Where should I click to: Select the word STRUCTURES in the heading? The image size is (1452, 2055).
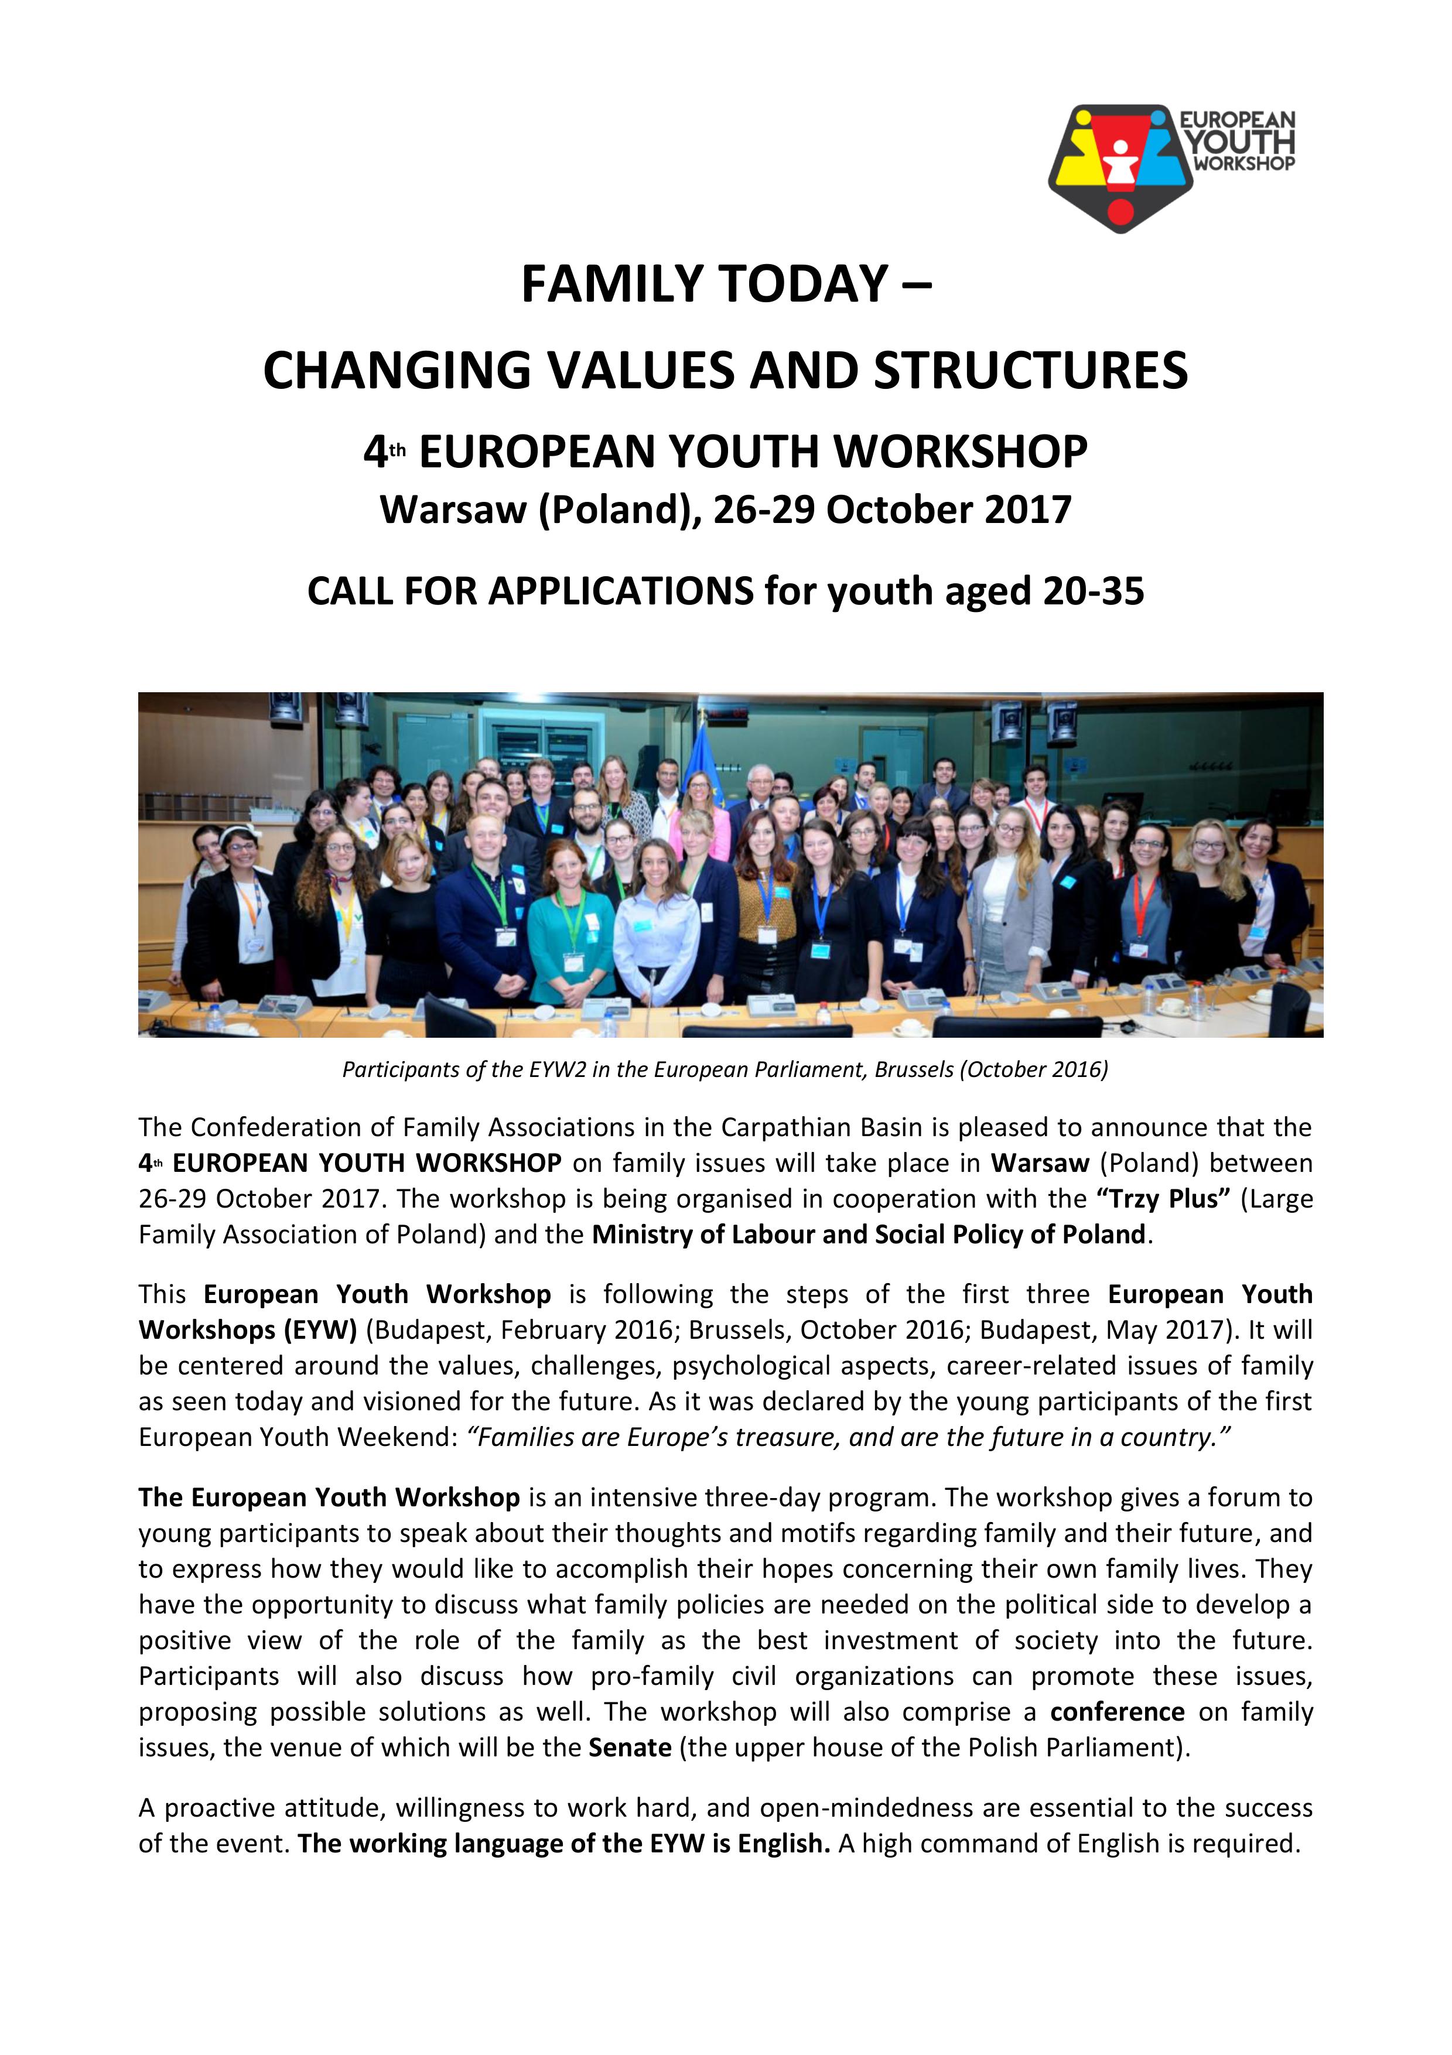[1030, 371]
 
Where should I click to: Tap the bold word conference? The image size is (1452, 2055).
[1117, 1712]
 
